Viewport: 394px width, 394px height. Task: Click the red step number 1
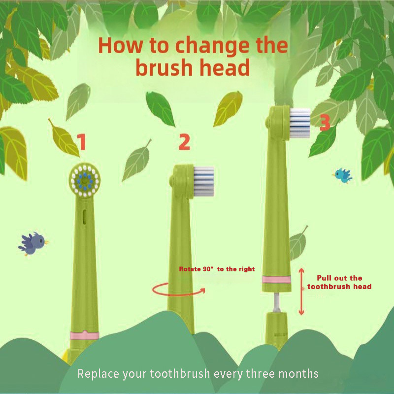(x=82, y=142)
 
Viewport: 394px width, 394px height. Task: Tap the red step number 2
(x=184, y=142)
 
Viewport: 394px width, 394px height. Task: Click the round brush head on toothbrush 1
(x=85, y=180)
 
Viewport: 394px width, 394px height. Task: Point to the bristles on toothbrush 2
(x=204, y=181)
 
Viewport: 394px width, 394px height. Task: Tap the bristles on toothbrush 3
(x=300, y=123)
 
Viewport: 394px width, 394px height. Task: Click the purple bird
(x=33, y=243)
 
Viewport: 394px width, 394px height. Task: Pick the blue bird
(x=343, y=175)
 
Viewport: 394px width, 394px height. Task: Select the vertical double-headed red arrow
(x=301, y=292)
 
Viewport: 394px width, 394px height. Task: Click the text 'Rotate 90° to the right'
(x=217, y=269)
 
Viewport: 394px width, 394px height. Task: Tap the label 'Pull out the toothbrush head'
(x=339, y=282)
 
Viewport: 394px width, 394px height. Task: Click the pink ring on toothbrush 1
(x=84, y=335)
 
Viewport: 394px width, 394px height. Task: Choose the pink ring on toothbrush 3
(x=276, y=279)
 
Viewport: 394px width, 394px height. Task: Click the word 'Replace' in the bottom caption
(x=98, y=374)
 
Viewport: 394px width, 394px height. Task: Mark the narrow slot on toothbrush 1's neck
(x=85, y=216)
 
